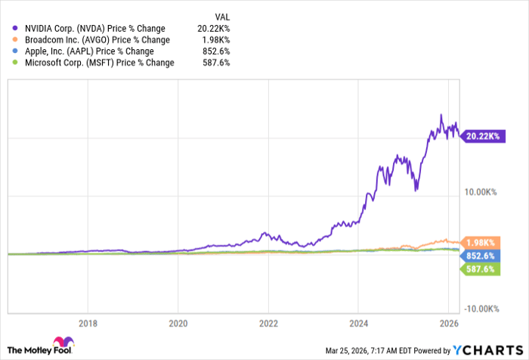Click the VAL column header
pyautogui.click(x=221, y=17)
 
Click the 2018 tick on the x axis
pyautogui.click(x=88, y=321)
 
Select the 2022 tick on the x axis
pyautogui.click(x=268, y=321)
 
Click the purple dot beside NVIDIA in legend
pyautogui.click(x=16, y=29)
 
